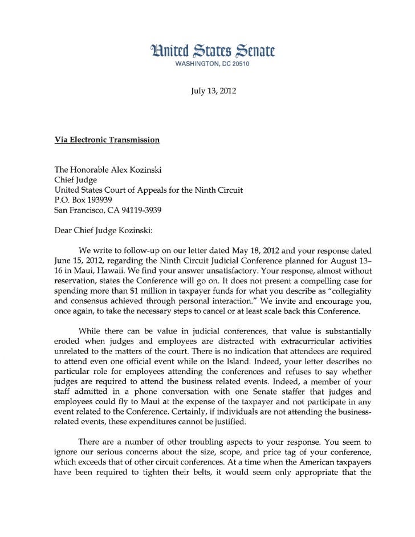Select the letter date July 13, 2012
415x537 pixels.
point(213,91)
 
